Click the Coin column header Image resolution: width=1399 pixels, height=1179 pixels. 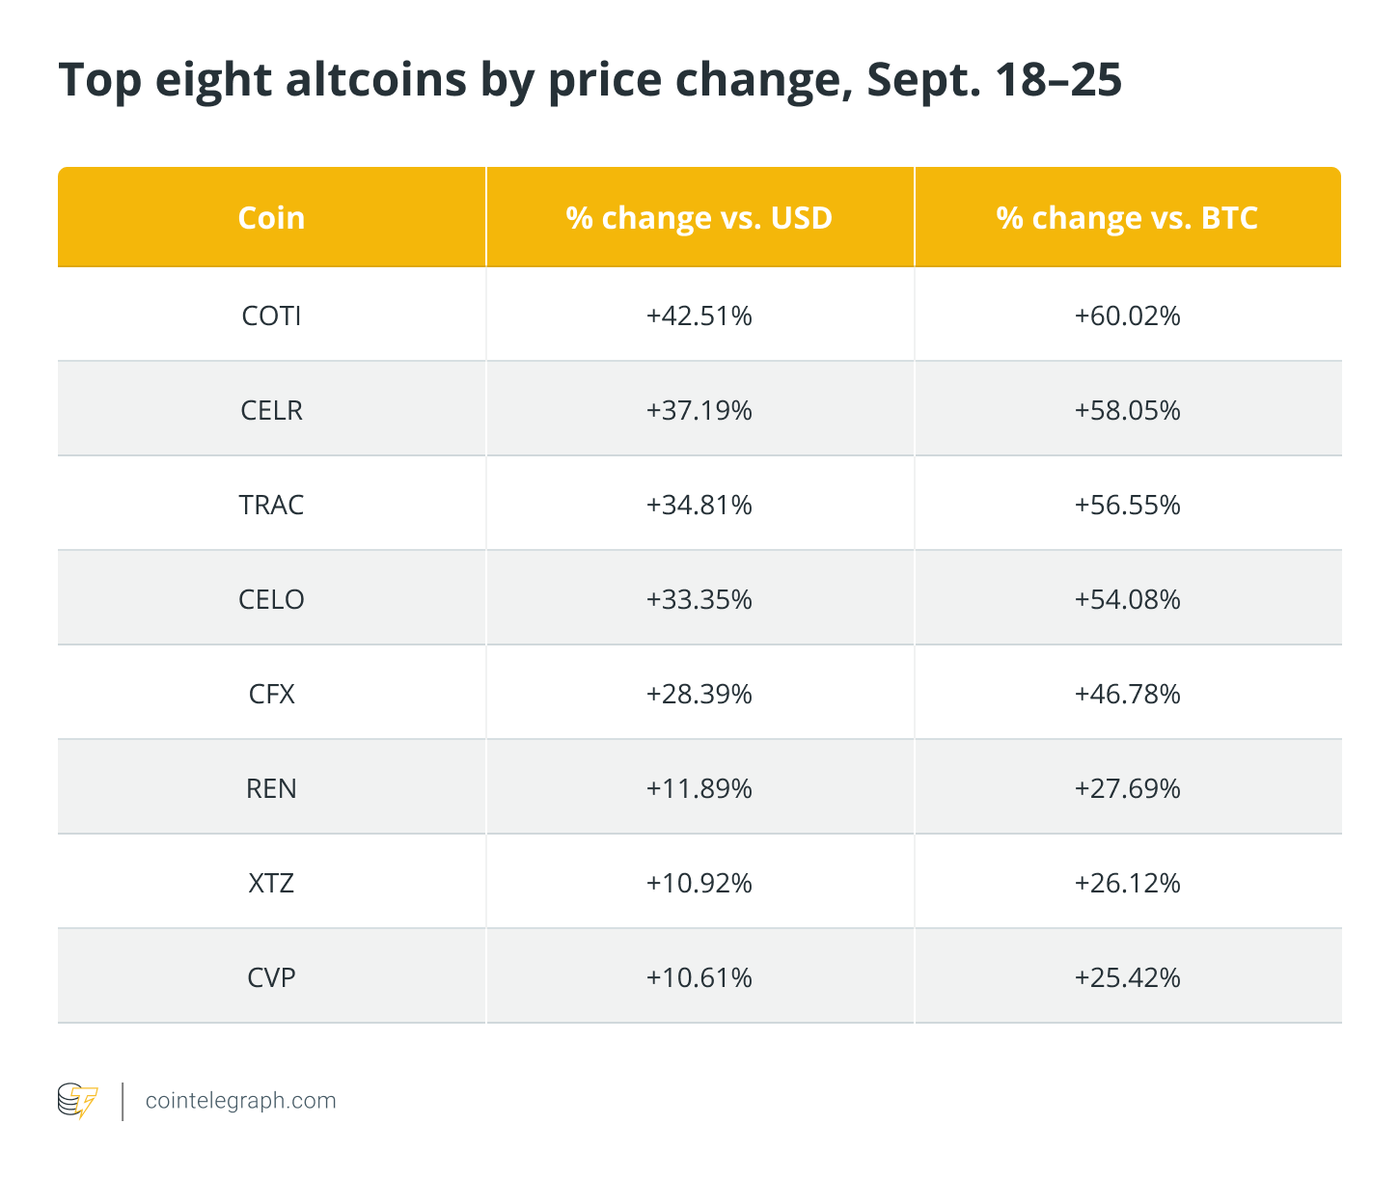(271, 218)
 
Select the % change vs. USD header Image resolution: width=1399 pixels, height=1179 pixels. (699, 218)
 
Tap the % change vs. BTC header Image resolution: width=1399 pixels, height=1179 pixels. (1127, 218)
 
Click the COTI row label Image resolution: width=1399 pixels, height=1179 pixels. (271, 315)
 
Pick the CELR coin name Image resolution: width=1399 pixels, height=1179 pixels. (271, 410)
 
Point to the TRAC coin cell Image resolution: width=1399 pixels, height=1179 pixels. (271, 505)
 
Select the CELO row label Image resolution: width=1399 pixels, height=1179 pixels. (271, 599)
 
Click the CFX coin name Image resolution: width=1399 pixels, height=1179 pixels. (271, 694)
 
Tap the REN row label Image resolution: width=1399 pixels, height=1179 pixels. (271, 788)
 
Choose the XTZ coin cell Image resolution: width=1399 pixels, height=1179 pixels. (271, 883)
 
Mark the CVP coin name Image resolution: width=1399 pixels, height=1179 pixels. (271, 977)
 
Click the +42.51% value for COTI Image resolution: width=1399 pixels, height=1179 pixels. (699, 315)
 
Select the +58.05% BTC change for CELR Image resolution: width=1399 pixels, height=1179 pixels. (1128, 410)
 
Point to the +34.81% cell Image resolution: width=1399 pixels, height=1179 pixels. (699, 505)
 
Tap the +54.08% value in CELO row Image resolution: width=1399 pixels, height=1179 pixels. (1128, 599)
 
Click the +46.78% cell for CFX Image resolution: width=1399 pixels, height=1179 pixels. (1128, 694)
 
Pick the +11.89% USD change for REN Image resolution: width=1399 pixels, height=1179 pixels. (699, 788)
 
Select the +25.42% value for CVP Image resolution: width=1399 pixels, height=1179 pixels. (1128, 977)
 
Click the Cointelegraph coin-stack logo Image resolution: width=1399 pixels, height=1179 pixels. (78, 1101)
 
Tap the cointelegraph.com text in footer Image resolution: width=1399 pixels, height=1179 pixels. (240, 1101)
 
